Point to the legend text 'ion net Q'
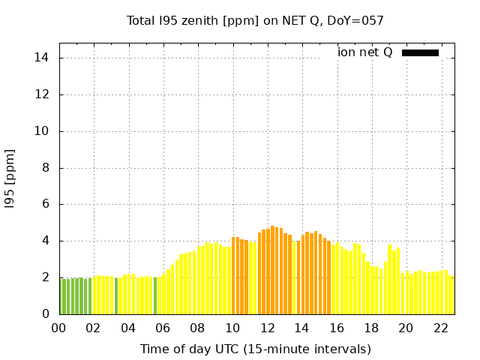(365, 52)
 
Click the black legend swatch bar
(420, 52)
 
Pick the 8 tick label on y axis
(45, 168)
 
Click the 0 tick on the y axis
(45, 314)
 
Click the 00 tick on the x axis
(59, 328)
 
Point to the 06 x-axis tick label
(163, 328)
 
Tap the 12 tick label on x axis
(267, 328)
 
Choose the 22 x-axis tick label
(440, 328)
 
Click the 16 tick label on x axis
(337, 328)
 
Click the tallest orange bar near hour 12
(273, 270)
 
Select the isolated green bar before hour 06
(155, 295)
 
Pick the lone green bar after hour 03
(116, 295)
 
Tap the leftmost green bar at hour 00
(61, 296)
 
